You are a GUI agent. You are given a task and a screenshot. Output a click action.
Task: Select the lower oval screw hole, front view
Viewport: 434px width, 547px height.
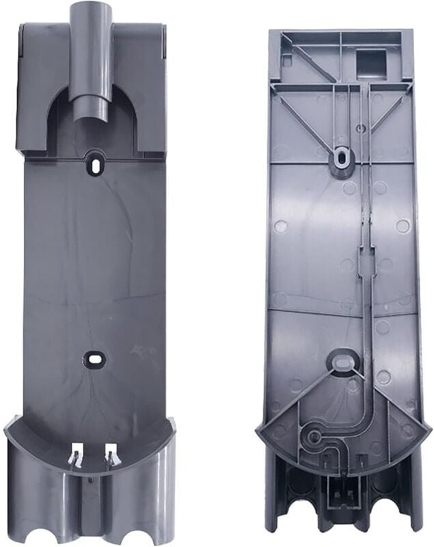pyautogui.click(x=94, y=358)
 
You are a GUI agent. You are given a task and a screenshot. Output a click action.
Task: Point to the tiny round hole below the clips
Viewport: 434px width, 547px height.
pyautogui.click(x=91, y=480)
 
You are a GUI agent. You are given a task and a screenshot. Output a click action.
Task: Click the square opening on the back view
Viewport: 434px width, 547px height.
pyautogui.click(x=372, y=63)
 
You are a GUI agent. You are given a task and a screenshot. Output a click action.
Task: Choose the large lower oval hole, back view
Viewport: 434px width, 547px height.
pyautogui.click(x=342, y=359)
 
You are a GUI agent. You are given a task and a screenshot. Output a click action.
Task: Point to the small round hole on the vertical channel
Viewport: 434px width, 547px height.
pyautogui.click(x=360, y=128)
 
